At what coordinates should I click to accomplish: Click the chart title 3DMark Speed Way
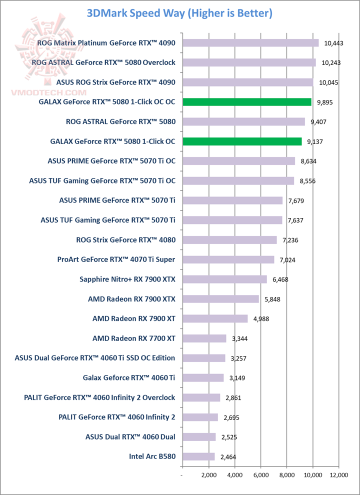[179, 13]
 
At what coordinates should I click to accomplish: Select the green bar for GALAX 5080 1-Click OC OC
[247, 102]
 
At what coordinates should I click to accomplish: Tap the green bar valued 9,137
[242, 141]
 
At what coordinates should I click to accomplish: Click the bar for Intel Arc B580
[198, 456]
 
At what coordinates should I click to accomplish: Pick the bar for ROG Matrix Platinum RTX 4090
[250, 43]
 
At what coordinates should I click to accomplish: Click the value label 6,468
[281, 279]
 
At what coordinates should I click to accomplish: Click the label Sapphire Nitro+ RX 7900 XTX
[131, 279]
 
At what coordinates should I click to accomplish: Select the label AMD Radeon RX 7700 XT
[134, 338]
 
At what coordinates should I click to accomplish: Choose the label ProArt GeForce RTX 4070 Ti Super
[119, 259]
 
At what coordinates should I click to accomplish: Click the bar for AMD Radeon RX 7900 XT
[215, 318]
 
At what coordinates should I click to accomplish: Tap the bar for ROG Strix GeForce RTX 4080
[229, 240]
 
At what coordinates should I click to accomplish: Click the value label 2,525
[228, 437]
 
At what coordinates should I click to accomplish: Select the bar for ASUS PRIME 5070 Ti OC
[238, 161]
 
